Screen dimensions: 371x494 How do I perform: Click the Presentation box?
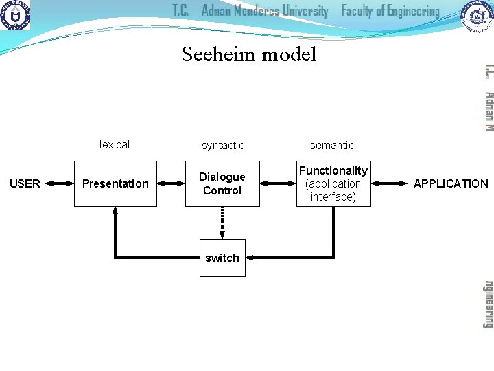115,183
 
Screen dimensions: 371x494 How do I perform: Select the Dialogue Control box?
222,183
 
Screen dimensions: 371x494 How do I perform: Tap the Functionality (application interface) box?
333,183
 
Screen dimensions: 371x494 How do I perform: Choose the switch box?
222,258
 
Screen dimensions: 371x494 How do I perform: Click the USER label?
25,183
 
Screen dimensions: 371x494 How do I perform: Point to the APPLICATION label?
451,183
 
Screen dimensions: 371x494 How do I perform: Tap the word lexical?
115,144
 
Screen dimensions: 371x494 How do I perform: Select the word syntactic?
222,145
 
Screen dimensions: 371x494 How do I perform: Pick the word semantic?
332,145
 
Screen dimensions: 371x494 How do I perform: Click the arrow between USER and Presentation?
60,183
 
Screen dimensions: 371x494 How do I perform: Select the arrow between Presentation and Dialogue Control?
171,183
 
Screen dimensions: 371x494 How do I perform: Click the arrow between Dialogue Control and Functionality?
278,183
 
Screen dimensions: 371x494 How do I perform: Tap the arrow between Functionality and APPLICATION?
389,183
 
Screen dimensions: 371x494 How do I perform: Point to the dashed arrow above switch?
222,223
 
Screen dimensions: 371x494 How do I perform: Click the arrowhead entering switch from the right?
250,258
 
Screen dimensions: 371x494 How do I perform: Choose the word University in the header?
301,11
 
